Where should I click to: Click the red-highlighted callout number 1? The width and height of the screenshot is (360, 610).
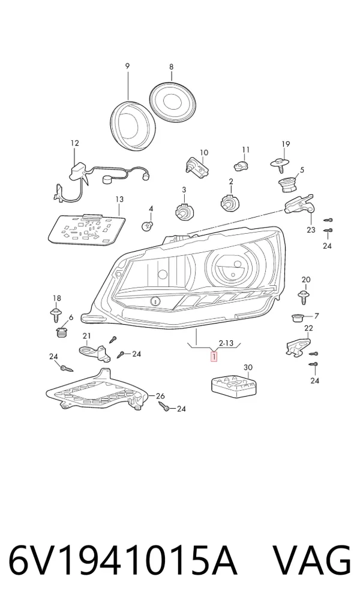click(x=214, y=356)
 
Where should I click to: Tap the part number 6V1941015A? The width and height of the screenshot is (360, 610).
click(x=122, y=561)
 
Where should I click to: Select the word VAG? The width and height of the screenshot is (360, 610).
click(x=311, y=561)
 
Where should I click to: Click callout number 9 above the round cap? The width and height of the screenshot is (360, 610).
click(x=127, y=66)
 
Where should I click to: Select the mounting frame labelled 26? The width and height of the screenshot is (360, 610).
click(x=97, y=390)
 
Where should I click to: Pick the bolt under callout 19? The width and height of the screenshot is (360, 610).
click(x=281, y=164)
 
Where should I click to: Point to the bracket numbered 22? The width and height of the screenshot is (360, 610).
click(x=299, y=346)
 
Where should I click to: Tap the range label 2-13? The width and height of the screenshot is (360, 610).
click(x=226, y=343)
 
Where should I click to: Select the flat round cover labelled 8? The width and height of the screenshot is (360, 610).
click(x=174, y=102)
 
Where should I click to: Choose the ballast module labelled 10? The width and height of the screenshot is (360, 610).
click(x=198, y=166)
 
